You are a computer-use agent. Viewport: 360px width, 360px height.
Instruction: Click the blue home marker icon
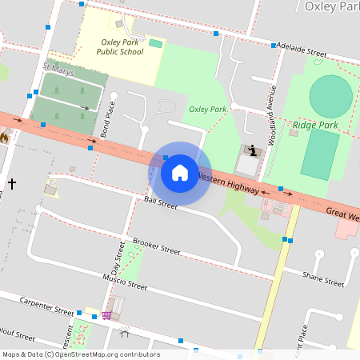(180, 173)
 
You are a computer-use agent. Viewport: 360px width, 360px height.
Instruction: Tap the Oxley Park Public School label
(120, 46)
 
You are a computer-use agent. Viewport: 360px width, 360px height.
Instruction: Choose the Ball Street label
(160, 204)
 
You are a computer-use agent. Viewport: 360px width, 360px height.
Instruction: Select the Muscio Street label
(125, 282)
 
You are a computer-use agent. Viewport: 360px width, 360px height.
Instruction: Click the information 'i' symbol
(253, 150)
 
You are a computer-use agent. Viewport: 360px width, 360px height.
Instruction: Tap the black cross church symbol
(12, 184)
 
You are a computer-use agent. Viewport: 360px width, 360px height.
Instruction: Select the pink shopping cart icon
(106, 315)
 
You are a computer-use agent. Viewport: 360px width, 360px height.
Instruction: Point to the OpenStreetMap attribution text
(80, 354)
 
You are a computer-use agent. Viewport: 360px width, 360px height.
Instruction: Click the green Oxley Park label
(208, 109)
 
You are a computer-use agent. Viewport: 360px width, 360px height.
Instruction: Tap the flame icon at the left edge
(4, 138)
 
